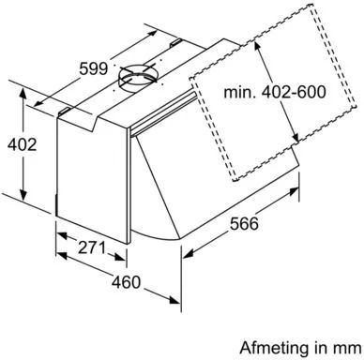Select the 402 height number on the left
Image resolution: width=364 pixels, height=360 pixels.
(23, 145)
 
